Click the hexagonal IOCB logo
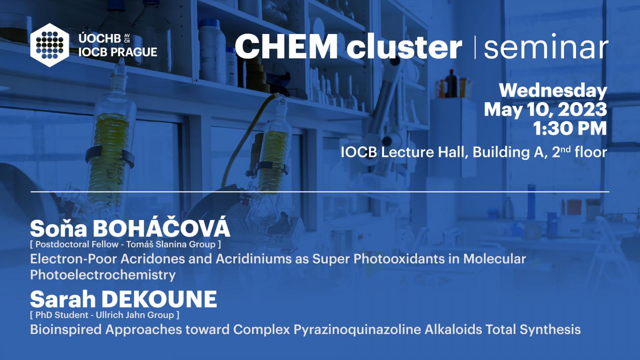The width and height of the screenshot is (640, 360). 50,45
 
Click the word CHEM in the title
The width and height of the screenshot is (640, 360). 286,46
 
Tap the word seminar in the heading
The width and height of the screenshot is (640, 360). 546,46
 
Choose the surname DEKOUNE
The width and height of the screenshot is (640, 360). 159,299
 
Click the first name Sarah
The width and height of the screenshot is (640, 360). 63,299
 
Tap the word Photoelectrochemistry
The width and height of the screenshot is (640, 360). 103,274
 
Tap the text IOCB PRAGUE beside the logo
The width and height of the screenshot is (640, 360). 118,52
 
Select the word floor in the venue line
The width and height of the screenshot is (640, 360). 591,152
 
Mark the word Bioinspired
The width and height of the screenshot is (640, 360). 66,330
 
